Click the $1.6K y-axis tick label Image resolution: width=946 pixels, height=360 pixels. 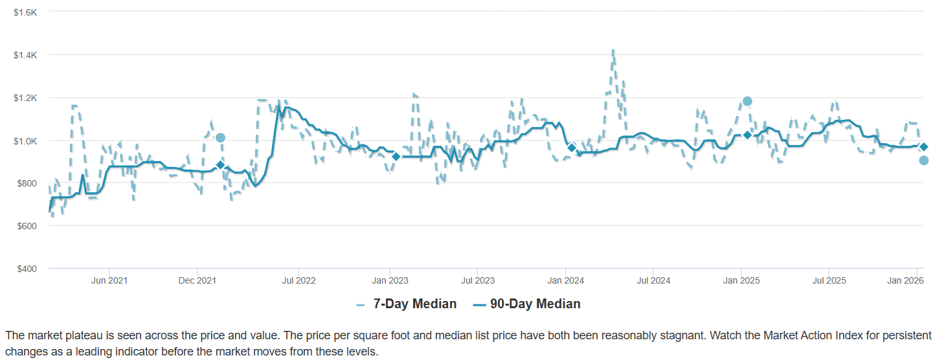tap(26, 12)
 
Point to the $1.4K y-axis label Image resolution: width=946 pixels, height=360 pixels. tap(26, 55)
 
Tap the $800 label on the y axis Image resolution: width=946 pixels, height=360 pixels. tap(27, 183)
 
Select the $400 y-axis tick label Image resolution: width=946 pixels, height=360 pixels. tap(27, 268)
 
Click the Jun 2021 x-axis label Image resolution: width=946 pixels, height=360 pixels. tap(109, 280)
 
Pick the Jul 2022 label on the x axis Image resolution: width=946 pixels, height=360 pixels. tap(298, 280)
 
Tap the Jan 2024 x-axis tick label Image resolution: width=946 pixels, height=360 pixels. tap(566, 280)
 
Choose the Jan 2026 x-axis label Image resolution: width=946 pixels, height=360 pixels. tap(905, 280)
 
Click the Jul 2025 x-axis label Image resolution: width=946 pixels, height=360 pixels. tap(828, 280)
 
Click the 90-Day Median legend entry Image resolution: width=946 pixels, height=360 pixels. tap(535, 304)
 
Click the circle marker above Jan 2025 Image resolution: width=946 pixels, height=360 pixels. tap(747, 101)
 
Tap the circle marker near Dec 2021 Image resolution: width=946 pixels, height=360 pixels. tap(220, 138)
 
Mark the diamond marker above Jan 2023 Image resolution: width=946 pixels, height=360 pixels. tap(396, 156)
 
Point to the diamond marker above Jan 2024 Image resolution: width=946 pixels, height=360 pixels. tap(572, 148)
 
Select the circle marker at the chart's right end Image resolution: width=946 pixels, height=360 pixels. tap(923, 161)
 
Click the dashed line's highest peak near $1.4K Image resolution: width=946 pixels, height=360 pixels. tap(613, 51)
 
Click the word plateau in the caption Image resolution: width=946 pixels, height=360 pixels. tap(76, 335)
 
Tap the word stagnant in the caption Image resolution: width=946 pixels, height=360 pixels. tap(652, 335)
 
